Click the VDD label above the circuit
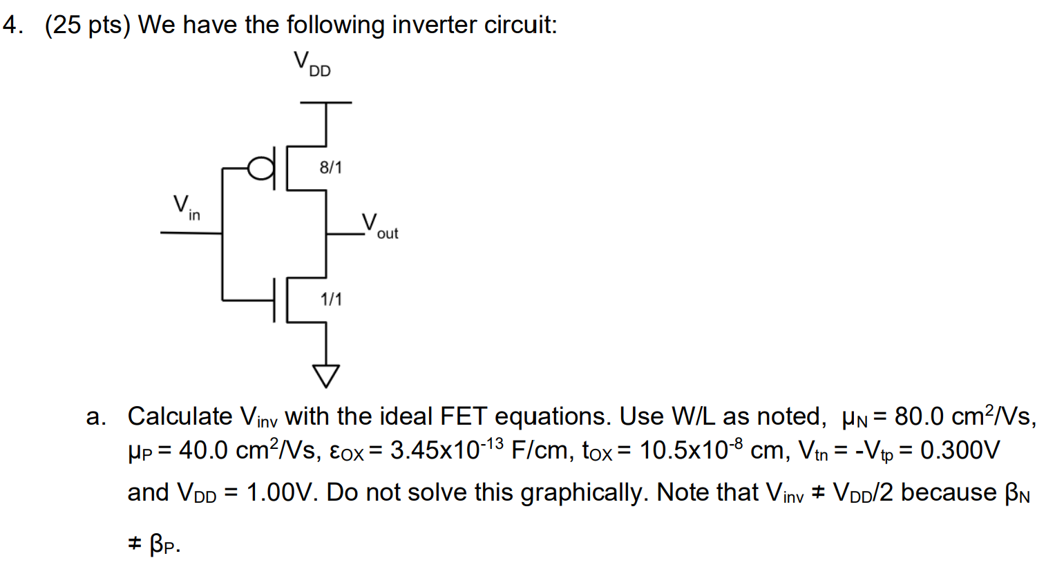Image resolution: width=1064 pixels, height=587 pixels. [312, 64]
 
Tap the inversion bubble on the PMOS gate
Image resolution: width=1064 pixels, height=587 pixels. [260, 168]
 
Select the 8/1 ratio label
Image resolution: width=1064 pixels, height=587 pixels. [330, 168]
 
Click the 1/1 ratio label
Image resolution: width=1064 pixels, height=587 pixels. [331, 299]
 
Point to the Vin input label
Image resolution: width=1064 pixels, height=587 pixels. [185, 206]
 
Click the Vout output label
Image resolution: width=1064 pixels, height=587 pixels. [379, 226]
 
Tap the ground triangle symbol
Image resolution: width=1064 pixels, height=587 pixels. [326, 375]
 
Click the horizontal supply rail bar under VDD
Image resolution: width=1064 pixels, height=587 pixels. [325, 103]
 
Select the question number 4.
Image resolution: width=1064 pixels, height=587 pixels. [12, 25]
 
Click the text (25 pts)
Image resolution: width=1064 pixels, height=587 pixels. [87, 25]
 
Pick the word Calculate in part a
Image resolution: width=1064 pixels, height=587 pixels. [180, 416]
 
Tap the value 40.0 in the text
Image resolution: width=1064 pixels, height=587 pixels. [203, 450]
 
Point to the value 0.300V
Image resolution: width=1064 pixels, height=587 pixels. [960, 450]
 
